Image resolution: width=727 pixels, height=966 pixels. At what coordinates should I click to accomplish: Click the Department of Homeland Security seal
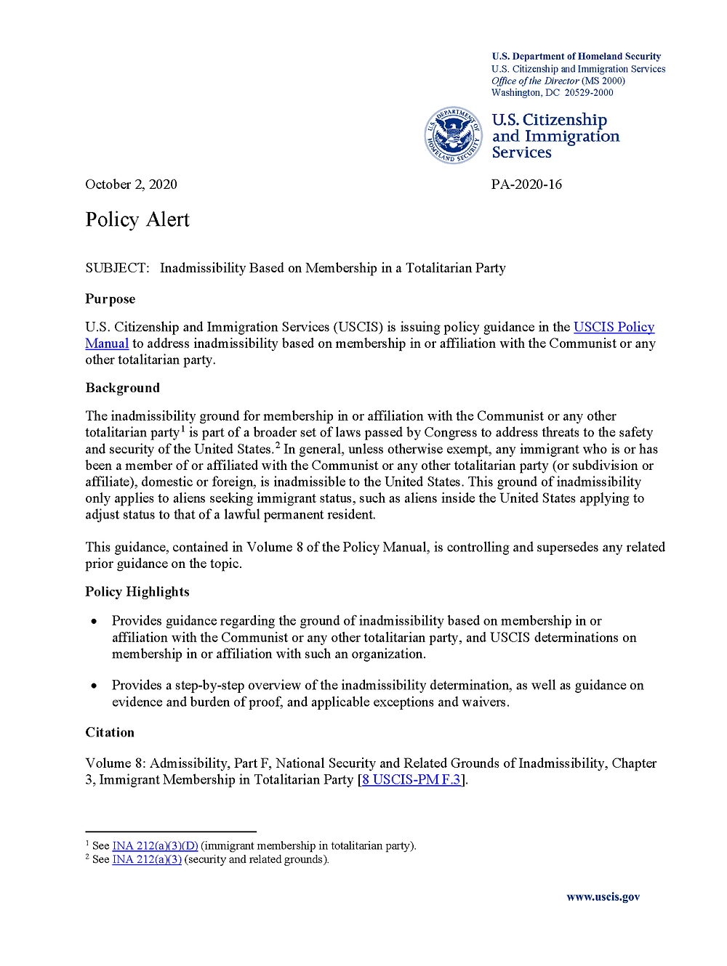[453, 135]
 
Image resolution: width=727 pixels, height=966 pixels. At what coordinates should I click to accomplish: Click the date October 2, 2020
[131, 184]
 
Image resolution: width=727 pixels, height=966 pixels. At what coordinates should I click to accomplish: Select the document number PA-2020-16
[526, 184]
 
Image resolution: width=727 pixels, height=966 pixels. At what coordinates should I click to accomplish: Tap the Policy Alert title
[137, 219]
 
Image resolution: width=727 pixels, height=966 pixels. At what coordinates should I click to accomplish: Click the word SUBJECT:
[117, 268]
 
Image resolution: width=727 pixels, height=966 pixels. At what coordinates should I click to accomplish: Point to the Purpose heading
[111, 299]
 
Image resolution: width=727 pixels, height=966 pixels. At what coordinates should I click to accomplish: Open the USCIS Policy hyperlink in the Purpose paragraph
[614, 328]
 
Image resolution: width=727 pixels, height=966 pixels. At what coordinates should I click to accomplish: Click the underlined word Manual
[107, 344]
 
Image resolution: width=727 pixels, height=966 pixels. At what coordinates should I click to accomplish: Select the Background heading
[122, 388]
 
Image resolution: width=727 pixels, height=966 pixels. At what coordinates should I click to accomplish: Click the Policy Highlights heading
[137, 592]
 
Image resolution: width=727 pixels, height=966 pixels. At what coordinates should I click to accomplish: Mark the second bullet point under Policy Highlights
[94, 686]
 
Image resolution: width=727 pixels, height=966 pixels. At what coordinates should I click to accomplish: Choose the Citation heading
[110, 732]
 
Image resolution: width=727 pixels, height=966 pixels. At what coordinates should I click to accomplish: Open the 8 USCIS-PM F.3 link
[411, 780]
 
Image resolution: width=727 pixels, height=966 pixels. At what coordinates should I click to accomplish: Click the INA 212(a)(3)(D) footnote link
[155, 846]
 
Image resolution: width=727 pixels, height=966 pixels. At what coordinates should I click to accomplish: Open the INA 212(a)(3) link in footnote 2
[147, 860]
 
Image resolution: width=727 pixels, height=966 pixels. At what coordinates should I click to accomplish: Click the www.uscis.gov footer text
[603, 897]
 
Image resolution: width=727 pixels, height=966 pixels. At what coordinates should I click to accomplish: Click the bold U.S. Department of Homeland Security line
[577, 57]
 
